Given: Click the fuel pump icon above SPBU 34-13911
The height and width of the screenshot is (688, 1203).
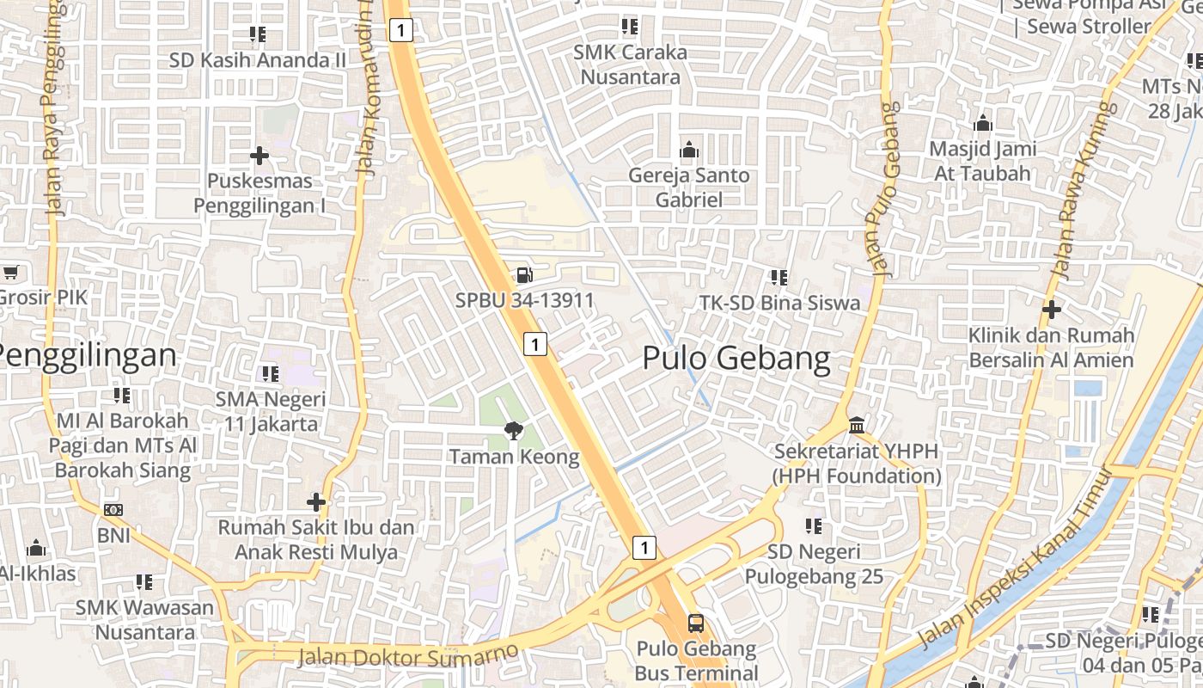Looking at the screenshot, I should (x=523, y=275).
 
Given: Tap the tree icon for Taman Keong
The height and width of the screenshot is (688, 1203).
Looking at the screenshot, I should (x=514, y=431).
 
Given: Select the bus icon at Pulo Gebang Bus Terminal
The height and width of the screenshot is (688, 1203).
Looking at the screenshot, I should (x=696, y=623).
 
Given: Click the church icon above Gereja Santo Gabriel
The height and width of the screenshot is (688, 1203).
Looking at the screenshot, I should (x=688, y=150).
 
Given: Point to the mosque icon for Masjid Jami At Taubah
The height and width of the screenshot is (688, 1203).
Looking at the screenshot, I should (x=983, y=124).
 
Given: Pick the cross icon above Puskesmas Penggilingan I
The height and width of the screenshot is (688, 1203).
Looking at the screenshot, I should (x=259, y=156).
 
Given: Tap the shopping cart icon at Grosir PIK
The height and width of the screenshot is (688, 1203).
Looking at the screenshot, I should (x=9, y=273).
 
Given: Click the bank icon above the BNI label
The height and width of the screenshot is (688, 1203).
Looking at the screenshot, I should (x=113, y=510).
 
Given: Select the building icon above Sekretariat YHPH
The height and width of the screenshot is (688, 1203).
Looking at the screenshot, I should (x=857, y=426).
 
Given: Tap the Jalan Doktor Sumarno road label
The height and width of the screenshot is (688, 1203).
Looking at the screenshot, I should (x=408, y=655).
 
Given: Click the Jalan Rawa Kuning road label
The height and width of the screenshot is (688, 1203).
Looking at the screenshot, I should (x=1084, y=191).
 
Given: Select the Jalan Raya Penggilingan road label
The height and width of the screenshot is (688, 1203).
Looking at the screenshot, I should (x=54, y=107).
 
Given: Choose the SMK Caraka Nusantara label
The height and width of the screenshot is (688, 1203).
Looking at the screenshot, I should (x=631, y=64).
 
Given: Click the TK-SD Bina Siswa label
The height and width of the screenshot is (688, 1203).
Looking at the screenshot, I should (x=779, y=303).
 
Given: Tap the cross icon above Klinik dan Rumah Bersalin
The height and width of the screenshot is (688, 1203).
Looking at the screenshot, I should (x=1051, y=309).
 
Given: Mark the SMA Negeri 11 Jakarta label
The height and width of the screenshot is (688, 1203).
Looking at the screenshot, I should (x=271, y=411).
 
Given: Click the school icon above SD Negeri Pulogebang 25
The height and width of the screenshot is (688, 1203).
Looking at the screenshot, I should (x=813, y=525).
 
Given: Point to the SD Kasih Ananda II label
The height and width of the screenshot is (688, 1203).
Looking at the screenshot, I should (x=257, y=60).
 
